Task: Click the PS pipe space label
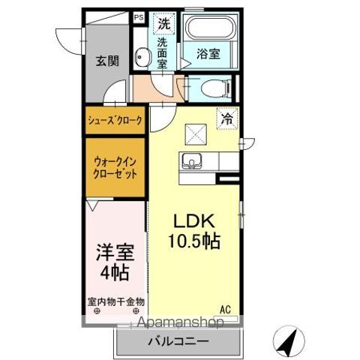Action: click(x=139, y=18)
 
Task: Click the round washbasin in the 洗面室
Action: click(x=142, y=57)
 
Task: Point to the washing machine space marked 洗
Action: click(x=164, y=23)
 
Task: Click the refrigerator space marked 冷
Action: click(x=227, y=118)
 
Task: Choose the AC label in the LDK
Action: click(x=225, y=310)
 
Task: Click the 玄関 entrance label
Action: click(x=108, y=61)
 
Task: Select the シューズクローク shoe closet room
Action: click(x=115, y=120)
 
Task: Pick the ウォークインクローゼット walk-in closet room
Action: click(x=115, y=167)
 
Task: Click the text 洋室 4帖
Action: click(x=115, y=262)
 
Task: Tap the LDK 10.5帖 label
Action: click(x=194, y=231)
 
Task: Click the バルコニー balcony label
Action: click(x=178, y=341)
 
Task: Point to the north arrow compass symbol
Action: click(x=289, y=341)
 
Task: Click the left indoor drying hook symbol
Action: click(x=97, y=311)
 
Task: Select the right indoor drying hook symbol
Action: click(x=136, y=311)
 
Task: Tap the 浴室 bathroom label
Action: click(x=208, y=54)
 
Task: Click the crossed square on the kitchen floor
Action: click(x=196, y=134)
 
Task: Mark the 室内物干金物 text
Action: click(x=116, y=302)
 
